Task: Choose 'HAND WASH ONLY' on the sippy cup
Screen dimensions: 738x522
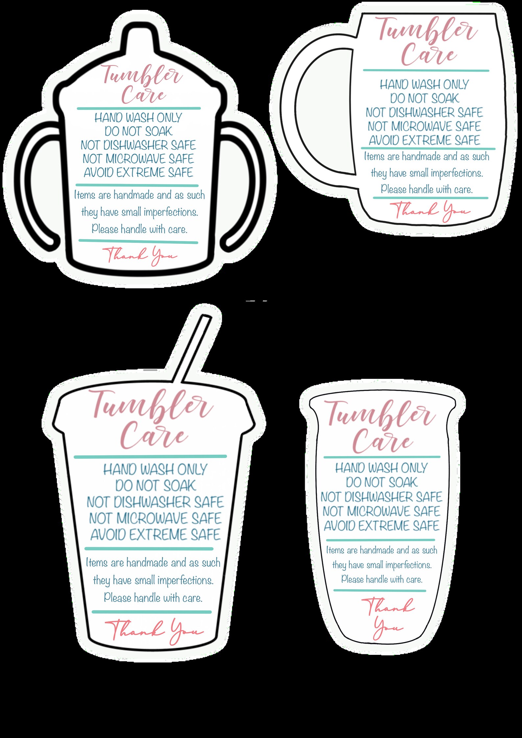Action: coord(138,118)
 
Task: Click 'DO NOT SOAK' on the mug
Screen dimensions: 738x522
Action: coord(424,98)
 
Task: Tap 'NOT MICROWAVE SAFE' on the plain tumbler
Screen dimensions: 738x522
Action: coord(381,511)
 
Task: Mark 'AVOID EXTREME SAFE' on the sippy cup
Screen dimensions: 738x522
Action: coord(138,173)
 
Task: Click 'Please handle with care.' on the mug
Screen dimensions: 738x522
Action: coord(427,189)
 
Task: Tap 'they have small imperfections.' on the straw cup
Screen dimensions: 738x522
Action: coord(153,580)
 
